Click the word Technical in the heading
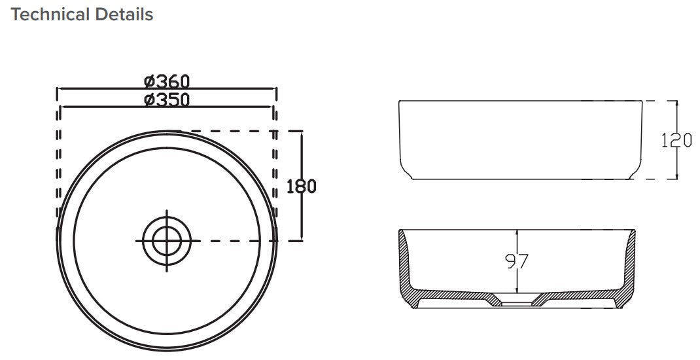(50, 14)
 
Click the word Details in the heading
(124, 14)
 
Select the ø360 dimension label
(167, 81)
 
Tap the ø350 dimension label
(167, 99)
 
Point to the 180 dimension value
(302, 187)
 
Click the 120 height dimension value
(677, 140)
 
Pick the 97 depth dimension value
(517, 262)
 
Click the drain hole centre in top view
(167, 240)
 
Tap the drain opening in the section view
(517, 302)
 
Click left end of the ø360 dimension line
(58, 88)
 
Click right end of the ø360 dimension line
(277, 88)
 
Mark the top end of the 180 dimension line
(302, 131)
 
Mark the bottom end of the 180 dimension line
(302, 240)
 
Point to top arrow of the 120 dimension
(677, 101)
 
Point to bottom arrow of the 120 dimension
(677, 179)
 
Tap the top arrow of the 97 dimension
(517, 230)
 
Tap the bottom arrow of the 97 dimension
(517, 292)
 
